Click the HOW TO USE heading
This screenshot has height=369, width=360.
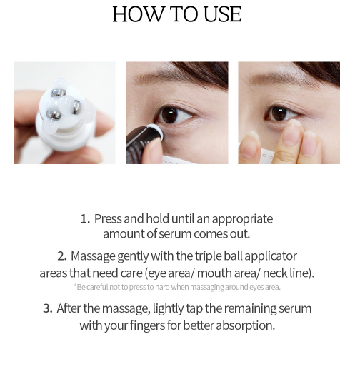177,15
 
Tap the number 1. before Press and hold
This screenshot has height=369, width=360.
85,219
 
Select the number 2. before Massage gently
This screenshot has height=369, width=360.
62,256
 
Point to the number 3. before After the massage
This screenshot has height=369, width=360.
48,309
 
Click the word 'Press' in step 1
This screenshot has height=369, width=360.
108,219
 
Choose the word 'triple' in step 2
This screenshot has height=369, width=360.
214,256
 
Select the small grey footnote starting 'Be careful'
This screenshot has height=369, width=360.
177,287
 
